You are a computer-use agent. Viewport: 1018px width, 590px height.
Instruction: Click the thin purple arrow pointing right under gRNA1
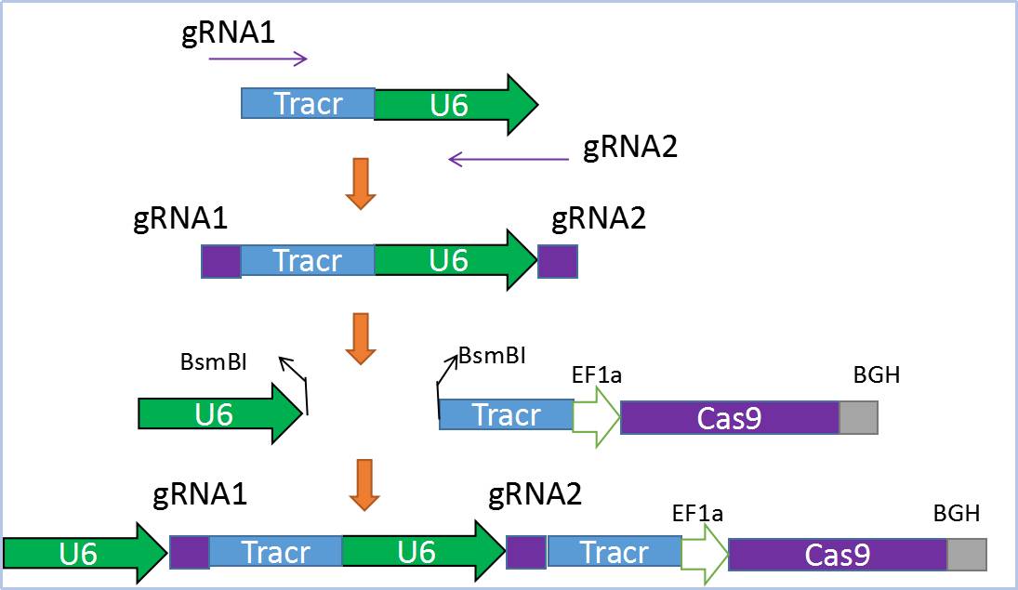tap(258, 59)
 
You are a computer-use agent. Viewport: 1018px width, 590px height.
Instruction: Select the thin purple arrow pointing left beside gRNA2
tap(509, 160)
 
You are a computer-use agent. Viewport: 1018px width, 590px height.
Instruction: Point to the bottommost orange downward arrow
tap(362, 484)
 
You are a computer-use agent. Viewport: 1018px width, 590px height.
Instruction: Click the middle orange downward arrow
tap(361, 339)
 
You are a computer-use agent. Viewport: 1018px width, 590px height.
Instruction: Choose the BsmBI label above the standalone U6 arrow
tap(213, 361)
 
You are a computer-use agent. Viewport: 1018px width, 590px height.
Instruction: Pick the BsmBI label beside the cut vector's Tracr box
tap(492, 356)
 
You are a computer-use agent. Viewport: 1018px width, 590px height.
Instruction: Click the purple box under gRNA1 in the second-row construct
tap(221, 261)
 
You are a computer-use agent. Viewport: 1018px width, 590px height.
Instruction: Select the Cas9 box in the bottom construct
tap(837, 555)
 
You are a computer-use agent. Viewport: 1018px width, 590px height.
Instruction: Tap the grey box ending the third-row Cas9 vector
tap(858, 417)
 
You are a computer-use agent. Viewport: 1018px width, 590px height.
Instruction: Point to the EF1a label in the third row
tap(597, 374)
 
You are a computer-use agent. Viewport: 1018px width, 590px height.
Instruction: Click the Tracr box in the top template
tap(308, 103)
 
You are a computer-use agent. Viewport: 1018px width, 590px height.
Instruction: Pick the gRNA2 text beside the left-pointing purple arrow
tap(630, 147)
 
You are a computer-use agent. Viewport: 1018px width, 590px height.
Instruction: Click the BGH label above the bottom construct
tap(957, 513)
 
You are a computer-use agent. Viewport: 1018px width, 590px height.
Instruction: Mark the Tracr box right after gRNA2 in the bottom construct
tap(614, 552)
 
